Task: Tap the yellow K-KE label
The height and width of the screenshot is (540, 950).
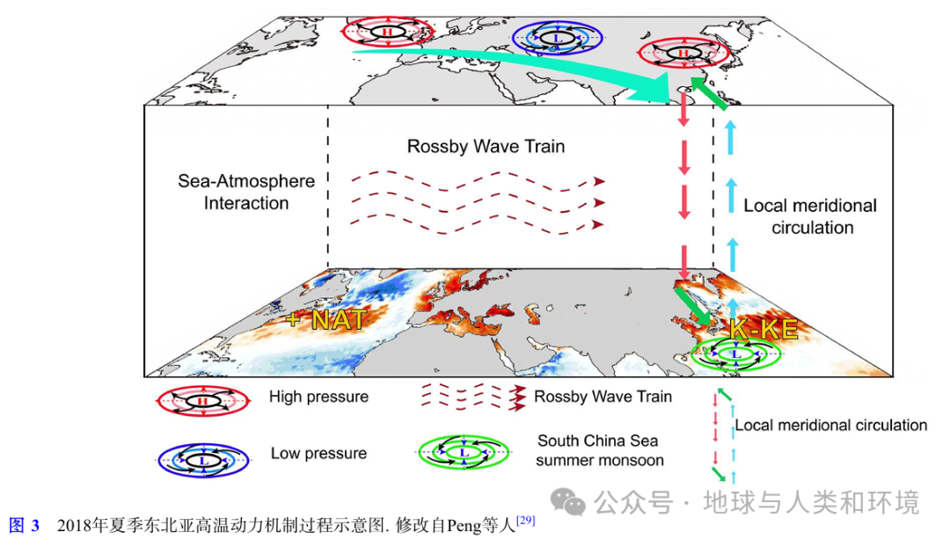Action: (763, 330)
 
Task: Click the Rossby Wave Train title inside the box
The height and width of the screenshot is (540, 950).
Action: (486, 146)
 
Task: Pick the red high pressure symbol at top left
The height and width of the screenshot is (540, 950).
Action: (387, 32)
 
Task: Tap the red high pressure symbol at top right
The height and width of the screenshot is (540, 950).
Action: (685, 54)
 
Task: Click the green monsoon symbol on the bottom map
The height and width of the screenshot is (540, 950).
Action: (735, 354)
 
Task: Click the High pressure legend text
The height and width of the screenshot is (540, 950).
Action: (318, 397)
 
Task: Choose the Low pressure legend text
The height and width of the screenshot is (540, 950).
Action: (318, 454)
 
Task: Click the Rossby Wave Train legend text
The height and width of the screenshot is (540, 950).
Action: (603, 397)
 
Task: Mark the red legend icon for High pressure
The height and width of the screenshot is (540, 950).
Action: (201, 400)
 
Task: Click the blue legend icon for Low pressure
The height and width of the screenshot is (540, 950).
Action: (201, 457)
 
